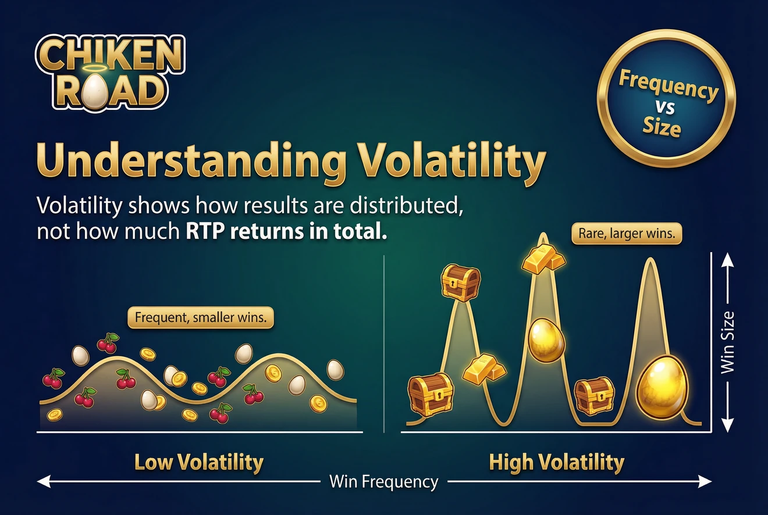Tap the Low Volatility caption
click(199, 463)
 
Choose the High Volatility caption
click(556, 463)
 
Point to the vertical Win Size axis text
click(727, 342)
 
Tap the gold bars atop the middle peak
click(543, 259)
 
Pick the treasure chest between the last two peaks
click(594, 396)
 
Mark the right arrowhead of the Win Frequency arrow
click(706, 481)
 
